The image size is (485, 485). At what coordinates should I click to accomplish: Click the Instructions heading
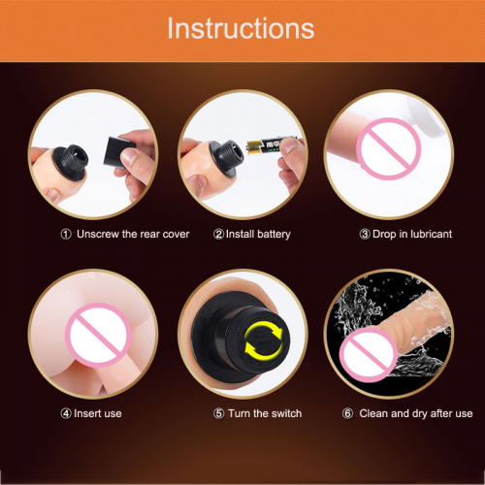tap(241, 28)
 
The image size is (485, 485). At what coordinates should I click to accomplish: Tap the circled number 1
tap(66, 234)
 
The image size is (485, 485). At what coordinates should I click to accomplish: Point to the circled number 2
tap(218, 234)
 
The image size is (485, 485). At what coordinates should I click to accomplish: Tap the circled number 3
tap(365, 234)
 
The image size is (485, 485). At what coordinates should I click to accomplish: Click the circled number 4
tap(66, 413)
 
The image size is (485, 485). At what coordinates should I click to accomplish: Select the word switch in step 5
tap(286, 413)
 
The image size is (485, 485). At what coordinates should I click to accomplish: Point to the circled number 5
tap(218, 413)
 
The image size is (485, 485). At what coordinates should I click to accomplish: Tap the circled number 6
tap(347, 413)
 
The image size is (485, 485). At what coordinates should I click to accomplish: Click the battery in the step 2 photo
tap(271, 145)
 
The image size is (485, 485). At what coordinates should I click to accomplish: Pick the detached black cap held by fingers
tap(118, 152)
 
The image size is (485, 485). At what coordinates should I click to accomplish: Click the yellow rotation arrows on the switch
tap(264, 340)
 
